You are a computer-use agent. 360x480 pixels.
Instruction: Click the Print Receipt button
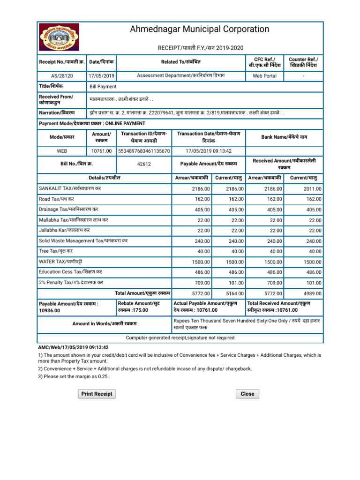(x=97, y=394)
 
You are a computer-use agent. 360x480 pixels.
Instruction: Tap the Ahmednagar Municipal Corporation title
(x=200, y=30)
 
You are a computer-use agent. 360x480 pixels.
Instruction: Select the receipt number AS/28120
(x=62, y=76)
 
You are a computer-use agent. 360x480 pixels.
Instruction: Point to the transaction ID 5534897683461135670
(x=144, y=151)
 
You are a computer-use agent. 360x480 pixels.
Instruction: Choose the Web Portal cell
(x=264, y=76)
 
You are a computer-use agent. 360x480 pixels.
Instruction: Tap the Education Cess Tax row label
(x=70, y=272)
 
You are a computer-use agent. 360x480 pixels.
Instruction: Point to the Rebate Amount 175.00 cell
(x=143, y=307)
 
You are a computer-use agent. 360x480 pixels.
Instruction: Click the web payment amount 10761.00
(x=101, y=151)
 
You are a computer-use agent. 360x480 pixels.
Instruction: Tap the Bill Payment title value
(x=103, y=87)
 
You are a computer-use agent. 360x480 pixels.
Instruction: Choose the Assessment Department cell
(x=180, y=76)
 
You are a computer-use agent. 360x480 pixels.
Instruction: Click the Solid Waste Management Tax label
(x=83, y=240)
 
